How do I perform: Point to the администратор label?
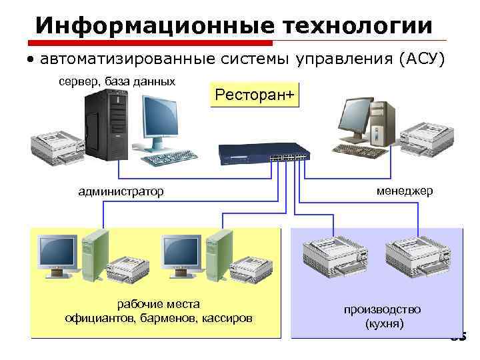click(121, 192)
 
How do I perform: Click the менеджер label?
click(405, 191)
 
